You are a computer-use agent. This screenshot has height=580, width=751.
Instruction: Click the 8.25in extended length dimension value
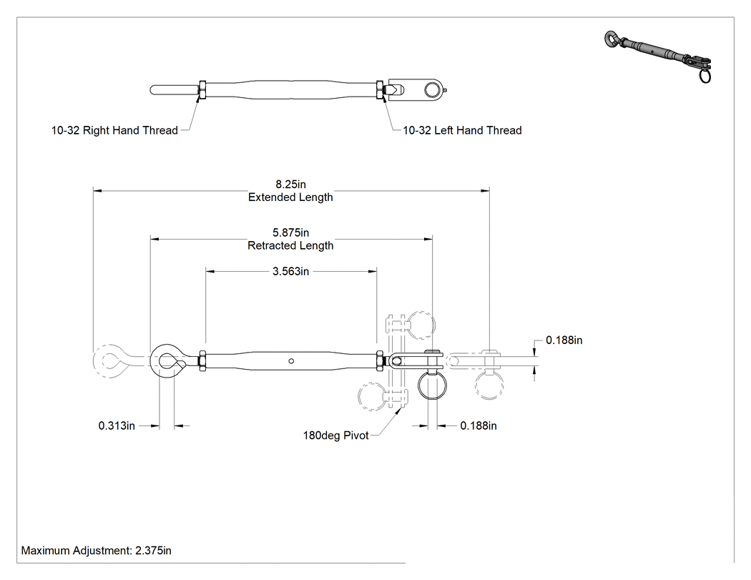point(290,185)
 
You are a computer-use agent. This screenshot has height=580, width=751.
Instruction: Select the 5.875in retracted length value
point(290,232)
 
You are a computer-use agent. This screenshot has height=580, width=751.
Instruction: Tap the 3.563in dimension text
point(290,272)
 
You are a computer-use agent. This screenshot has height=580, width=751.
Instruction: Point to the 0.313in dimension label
point(117,426)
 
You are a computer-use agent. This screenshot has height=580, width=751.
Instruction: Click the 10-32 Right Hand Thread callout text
point(114,130)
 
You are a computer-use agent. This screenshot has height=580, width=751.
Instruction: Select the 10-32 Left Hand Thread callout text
point(462,130)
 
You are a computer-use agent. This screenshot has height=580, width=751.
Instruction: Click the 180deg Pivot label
point(335,436)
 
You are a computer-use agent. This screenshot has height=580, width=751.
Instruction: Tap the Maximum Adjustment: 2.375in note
point(97,551)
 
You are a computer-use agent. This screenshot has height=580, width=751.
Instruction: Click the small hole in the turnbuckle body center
point(291,361)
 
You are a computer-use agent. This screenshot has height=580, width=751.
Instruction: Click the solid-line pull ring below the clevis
point(419,385)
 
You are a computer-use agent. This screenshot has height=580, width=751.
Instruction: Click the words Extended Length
point(290,197)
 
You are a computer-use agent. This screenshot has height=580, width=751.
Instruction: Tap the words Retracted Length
point(290,246)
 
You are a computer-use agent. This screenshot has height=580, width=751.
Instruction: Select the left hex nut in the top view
point(202,89)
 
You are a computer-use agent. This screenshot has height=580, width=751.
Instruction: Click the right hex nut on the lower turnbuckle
point(380,361)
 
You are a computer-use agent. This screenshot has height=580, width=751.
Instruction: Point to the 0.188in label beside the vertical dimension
point(564,340)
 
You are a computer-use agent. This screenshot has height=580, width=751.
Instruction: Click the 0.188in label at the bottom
point(478,426)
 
